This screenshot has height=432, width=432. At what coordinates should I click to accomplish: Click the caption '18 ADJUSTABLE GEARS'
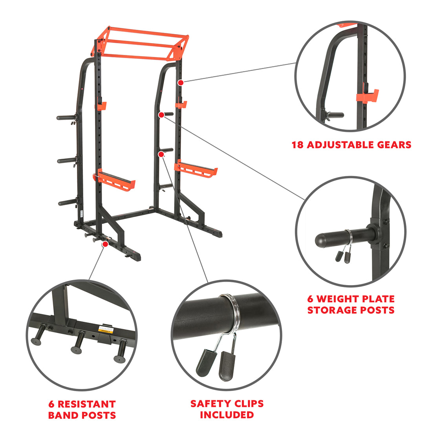point(351,145)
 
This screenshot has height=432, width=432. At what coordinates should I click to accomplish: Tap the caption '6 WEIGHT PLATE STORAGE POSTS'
point(351,304)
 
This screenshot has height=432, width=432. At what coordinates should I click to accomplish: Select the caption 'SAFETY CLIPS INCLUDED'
point(227,409)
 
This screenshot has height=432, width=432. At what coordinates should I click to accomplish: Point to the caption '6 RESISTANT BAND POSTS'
point(82,409)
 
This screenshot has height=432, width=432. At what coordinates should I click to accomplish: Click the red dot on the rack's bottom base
point(105,244)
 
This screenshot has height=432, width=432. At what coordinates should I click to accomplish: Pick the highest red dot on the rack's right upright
point(180,82)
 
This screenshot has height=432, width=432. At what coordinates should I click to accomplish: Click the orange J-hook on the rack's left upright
point(102,105)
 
